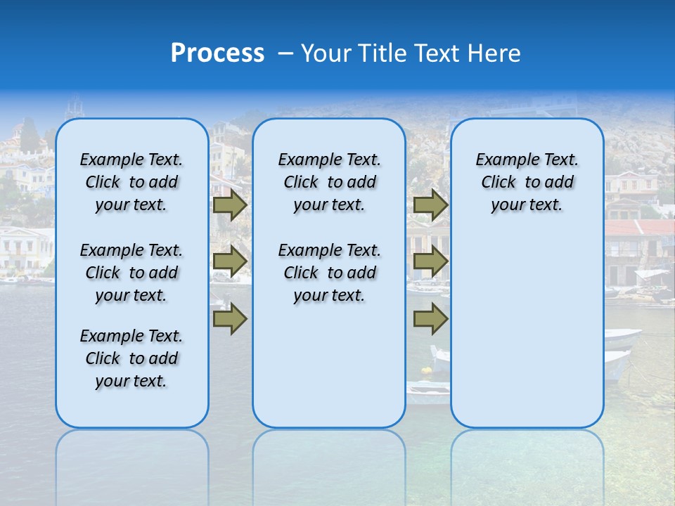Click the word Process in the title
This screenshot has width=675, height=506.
[217, 53]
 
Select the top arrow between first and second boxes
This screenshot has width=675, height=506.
[230, 205]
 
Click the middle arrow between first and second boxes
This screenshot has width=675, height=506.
[230, 261]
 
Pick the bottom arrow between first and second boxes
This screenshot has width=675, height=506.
[230, 319]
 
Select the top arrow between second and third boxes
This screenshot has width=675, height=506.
[430, 205]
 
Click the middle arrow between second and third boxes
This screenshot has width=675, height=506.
[430, 261]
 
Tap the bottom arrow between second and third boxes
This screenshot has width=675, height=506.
[430, 319]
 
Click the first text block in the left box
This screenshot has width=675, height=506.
[131, 182]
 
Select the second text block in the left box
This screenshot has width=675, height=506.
[131, 273]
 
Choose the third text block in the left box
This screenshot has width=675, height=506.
[131, 358]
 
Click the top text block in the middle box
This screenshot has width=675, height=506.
[329, 182]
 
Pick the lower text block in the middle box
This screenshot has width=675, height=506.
[329, 273]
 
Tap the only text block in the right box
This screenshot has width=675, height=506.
[527, 182]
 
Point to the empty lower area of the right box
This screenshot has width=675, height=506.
[527, 330]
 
